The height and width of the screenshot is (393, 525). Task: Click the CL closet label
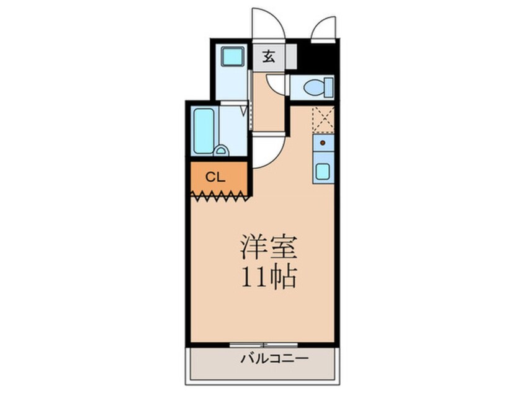tap(214, 177)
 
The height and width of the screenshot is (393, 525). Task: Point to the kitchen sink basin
tap(323, 170)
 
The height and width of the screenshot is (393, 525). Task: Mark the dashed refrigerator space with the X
tap(323, 119)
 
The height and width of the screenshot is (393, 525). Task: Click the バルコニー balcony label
tap(267, 359)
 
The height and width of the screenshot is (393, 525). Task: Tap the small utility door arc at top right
tap(323, 27)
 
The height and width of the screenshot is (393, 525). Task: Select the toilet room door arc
tap(276, 86)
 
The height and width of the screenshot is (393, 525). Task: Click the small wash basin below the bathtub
tap(220, 150)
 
